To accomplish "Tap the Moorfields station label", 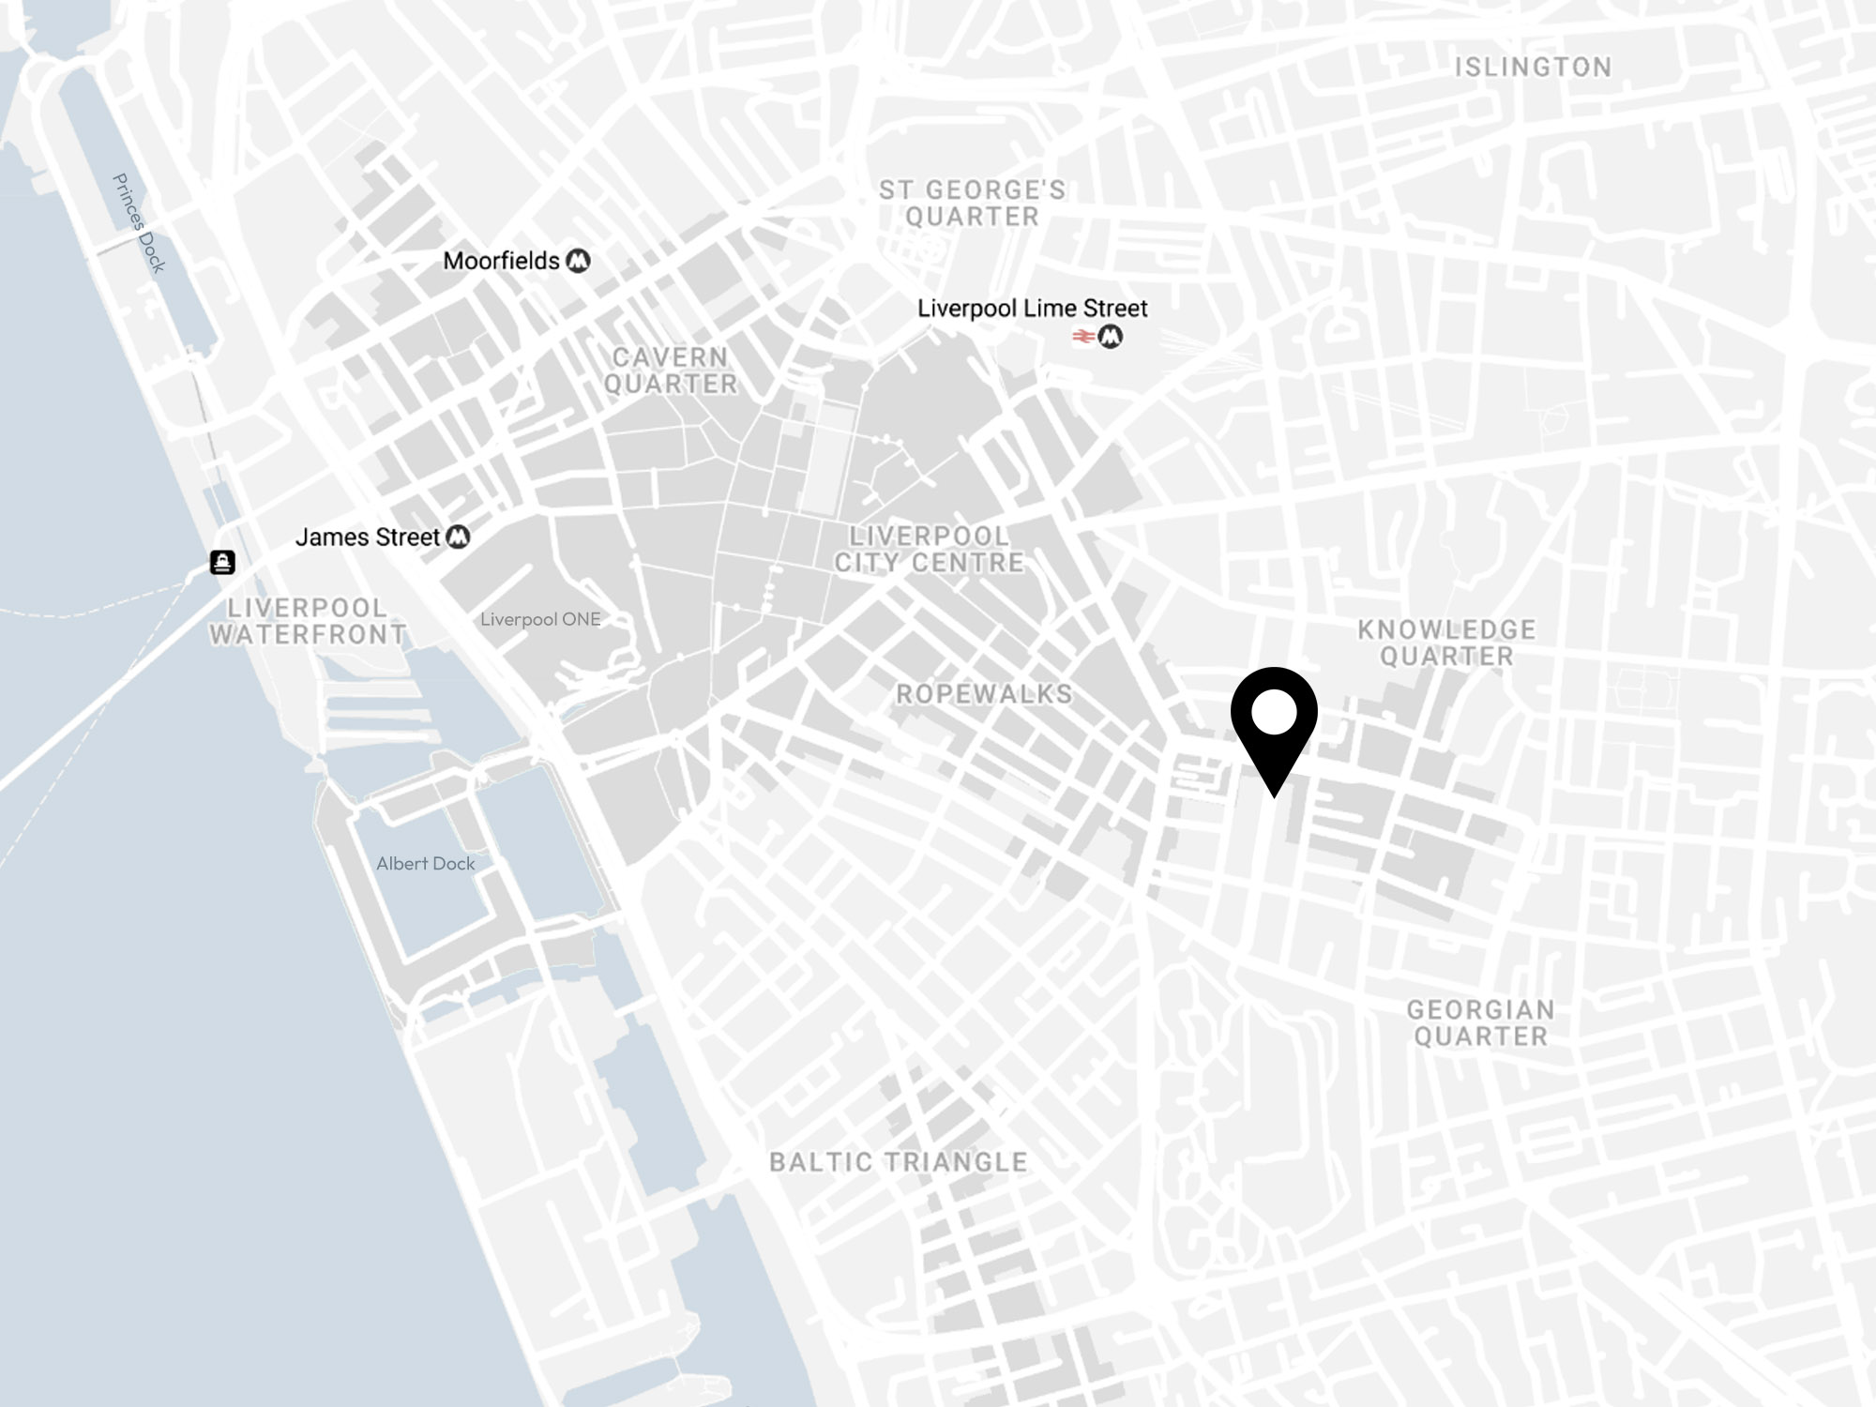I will [x=501, y=261].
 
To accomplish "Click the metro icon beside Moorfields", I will [x=579, y=261].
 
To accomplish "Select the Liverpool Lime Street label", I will [x=1032, y=309].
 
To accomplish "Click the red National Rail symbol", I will [x=1083, y=337].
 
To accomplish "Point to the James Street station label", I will [x=367, y=537].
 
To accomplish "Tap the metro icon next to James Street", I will [x=458, y=537].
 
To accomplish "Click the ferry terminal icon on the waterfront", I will [x=222, y=562].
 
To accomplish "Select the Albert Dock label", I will [x=425, y=864].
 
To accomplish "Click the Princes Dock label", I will [x=139, y=223].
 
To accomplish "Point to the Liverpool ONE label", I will [x=540, y=619].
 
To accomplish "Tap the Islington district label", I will [x=1533, y=68].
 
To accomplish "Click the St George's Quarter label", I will [x=973, y=204].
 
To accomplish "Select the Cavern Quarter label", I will [x=670, y=371].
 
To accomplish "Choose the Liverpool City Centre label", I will [x=929, y=550].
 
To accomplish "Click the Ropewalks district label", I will [x=984, y=694].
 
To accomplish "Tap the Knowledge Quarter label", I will [x=1446, y=643].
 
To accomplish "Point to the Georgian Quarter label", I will [x=1480, y=1022].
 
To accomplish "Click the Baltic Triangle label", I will [x=898, y=1162].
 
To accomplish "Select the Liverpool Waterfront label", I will [x=308, y=621].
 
